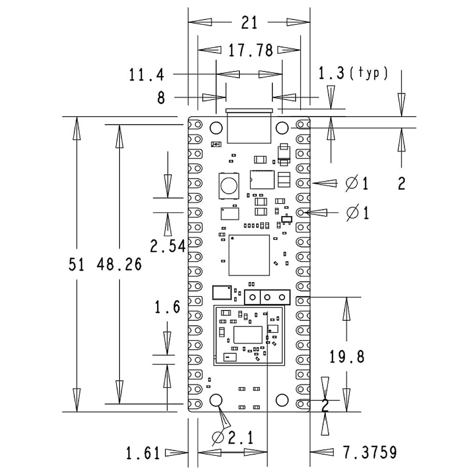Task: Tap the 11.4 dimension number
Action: pyautogui.click(x=147, y=75)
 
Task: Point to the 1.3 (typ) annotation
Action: pyautogui.click(x=353, y=73)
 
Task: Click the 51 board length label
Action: pyautogui.click(x=76, y=265)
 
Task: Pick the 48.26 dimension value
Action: pyautogui.click(x=119, y=265)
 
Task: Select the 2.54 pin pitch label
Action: pyautogui.click(x=167, y=247)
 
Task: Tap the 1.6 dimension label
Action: pyautogui.click(x=167, y=307)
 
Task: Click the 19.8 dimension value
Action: pyautogui.click(x=347, y=356)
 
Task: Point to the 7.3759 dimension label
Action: pyautogui.click(x=369, y=453)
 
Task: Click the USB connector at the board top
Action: pyautogui.click(x=249, y=126)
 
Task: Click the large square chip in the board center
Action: pyautogui.click(x=249, y=255)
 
